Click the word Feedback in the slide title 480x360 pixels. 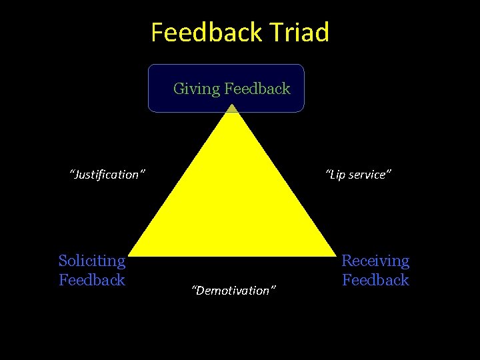[203, 32]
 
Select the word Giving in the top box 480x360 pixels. [196, 89]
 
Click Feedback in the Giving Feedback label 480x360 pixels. [257, 88]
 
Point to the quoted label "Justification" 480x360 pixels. [108, 175]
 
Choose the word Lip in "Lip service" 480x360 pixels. [335, 175]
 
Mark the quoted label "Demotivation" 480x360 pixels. [233, 290]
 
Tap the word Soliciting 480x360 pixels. [92, 261]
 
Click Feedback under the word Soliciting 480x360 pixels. [92, 280]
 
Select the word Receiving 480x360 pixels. [375, 261]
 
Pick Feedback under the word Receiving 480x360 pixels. [375, 280]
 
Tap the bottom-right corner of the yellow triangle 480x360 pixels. [335, 255]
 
